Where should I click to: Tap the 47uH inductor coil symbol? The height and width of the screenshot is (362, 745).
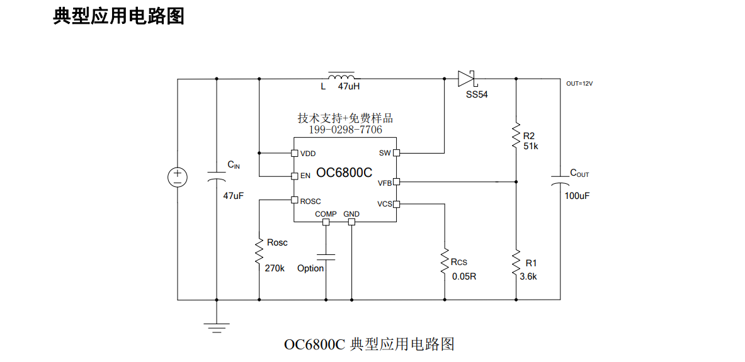[x=341, y=76]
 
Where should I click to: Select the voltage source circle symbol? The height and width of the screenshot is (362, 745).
[x=178, y=177]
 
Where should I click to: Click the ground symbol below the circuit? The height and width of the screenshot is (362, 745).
[x=216, y=328]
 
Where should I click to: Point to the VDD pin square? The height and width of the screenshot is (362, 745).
[x=295, y=153]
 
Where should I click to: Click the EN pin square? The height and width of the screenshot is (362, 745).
[x=295, y=176]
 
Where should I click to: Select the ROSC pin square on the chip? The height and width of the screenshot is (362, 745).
[x=295, y=200]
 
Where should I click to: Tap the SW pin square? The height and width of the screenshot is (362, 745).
[x=396, y=153]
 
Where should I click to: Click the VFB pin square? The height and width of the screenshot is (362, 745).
[x=396, y=181]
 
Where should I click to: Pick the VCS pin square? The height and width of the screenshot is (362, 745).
[x=396, y=204]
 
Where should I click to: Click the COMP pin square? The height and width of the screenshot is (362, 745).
[x=326, y=222]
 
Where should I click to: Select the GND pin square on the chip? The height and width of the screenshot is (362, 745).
[x=351, y=222]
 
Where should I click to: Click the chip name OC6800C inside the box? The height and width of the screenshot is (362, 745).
[x=344, y=173]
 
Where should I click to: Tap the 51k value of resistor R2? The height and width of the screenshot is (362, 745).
[x=531, y=146]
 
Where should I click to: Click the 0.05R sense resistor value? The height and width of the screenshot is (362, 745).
[x=463, y=276]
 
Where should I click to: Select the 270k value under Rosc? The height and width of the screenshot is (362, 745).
[x=275, y=268]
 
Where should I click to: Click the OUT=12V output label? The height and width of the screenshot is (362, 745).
[x=579, y=84]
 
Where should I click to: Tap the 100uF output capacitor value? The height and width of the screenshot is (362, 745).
[x=577, y=196]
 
